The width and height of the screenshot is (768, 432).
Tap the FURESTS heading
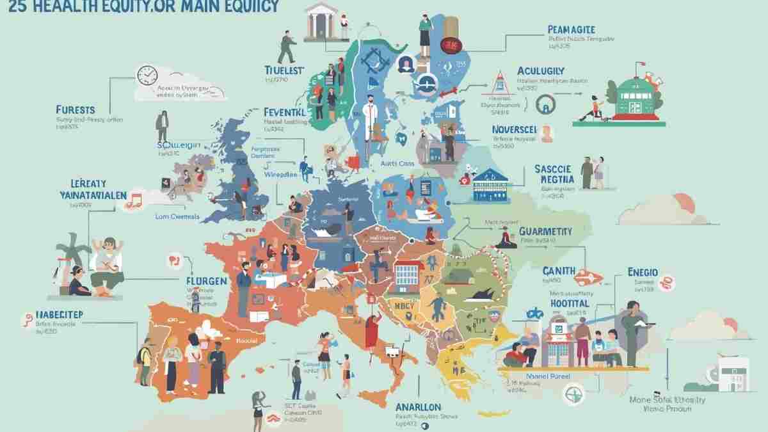click(75, 110)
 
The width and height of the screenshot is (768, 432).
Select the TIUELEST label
click(287, 70)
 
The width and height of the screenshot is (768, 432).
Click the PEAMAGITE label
click(572, 29)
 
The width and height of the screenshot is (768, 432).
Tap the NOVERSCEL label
click(518, 129)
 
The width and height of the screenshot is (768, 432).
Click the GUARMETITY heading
click(554, 231)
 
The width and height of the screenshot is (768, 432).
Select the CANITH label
click(559, 270)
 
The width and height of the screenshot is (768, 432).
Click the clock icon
click(147, 75)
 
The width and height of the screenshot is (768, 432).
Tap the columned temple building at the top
click(321, 20)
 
